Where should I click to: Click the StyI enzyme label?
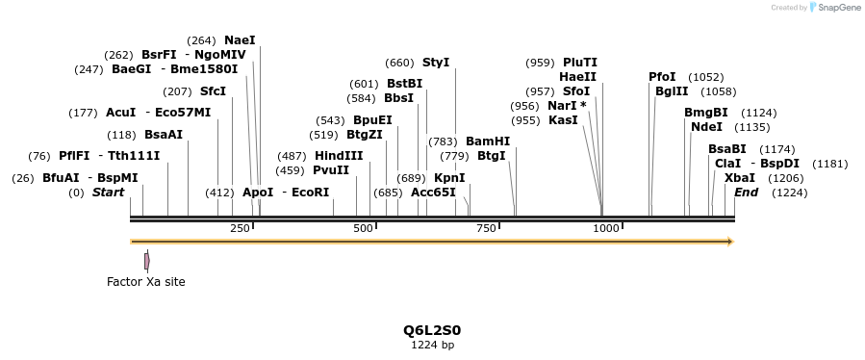(436, 63)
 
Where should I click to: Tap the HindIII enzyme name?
(339, 156)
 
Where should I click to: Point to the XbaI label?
(739, 178)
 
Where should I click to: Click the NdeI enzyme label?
(706, 127)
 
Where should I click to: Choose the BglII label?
(672, 91)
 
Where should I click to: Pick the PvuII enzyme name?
(331, 170)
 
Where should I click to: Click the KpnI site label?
(449, 178)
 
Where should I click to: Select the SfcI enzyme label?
(213, 91)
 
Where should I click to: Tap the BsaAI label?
(163, 135)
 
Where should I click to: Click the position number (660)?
(399, 63)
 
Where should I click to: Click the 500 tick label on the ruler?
(364, 228)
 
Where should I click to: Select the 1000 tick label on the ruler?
(606, 228)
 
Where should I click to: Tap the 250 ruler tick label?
(240, 228)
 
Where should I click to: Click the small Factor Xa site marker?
(146, 261)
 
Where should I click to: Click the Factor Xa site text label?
(145, 282)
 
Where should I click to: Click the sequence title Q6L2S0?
(432, 330)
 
